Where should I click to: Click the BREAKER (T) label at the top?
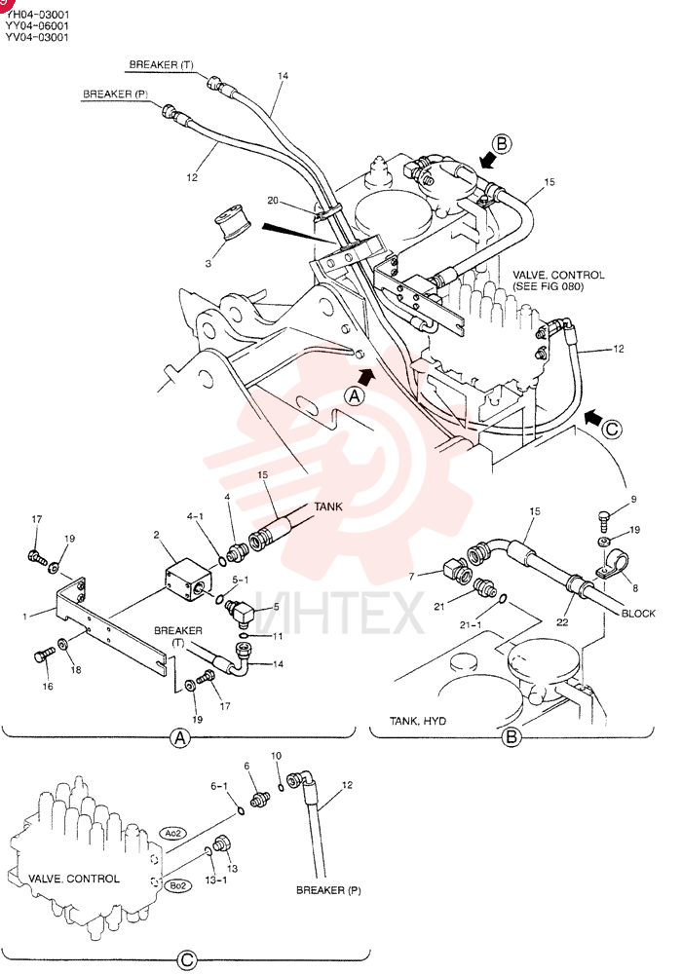point(161,64)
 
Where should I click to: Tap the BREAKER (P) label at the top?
point(115,94)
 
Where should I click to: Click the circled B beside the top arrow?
point(501,144)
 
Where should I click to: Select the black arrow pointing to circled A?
point(367,374)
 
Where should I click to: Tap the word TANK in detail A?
point(328,506)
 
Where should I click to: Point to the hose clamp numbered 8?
point(612,560)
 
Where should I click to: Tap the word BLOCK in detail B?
point(638,613)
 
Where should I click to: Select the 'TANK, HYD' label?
point(417,721)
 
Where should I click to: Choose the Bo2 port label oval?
point(177,885)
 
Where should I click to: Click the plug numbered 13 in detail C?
point(219,844)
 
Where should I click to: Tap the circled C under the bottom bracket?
point(187,960)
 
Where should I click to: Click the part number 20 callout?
point(273,200)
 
